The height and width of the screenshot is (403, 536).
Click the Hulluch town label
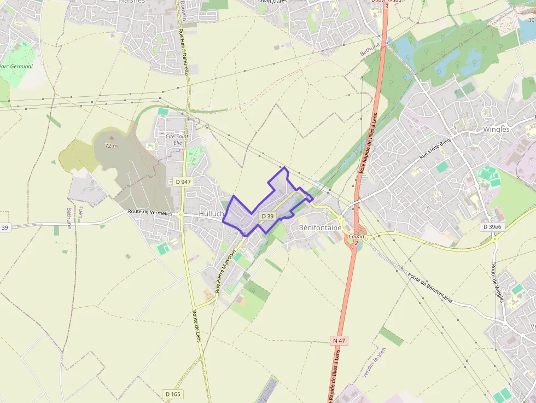[212, 214]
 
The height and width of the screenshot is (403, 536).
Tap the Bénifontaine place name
[320, 227]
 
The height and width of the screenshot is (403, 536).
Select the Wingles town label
[496, 130]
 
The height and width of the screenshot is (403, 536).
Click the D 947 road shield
[183, 181]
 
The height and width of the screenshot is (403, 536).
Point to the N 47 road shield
[339, 340]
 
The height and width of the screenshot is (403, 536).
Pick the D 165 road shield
[173, 394]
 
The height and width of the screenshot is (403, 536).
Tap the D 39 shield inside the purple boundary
[267, 217]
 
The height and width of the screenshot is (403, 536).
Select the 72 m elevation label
[112, 146]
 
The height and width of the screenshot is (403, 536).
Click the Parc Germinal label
[16, 67]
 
